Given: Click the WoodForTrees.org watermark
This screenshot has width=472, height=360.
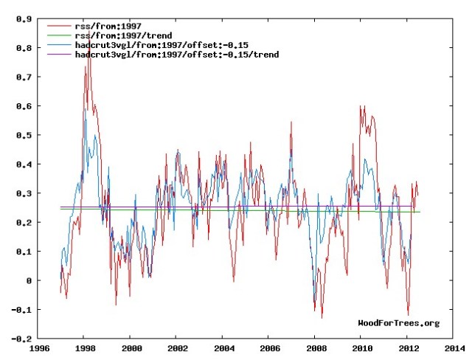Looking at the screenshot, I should click(398, 322).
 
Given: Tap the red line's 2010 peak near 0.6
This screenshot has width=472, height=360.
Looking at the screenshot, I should click(361, 106).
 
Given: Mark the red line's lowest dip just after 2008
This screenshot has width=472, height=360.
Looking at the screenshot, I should click(322, 317).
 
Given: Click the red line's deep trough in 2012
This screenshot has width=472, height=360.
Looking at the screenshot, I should click(408, 315).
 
